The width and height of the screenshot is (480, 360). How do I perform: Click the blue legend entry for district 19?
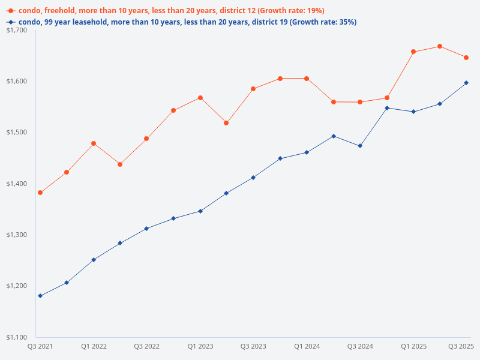(x=180, y=22)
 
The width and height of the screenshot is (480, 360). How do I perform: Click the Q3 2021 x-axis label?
(x=40, y=346)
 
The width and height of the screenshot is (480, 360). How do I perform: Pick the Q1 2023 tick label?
(x=200, y=346)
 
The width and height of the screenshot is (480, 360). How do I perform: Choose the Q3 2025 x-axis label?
(x=461, y=346)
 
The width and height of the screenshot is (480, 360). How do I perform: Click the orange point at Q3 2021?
(x=40, y=193)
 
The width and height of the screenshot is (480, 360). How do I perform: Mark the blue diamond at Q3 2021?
(x=40, y=296)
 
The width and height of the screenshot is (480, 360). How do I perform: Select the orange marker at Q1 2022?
(x=94, y=143)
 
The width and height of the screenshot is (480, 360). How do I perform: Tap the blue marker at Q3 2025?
(x=466, y=83)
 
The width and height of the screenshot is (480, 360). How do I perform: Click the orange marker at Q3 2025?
(x=466, y=58)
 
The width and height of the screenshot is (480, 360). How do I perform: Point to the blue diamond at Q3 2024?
(x=360, y=146)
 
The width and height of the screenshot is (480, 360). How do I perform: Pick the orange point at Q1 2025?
(x=413, y=52)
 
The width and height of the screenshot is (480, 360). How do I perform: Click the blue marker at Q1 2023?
(x=200, y=211)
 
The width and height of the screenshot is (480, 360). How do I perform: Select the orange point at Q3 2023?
(x=253, y=89)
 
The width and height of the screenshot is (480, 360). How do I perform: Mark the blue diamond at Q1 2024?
(x=307, y=152)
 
